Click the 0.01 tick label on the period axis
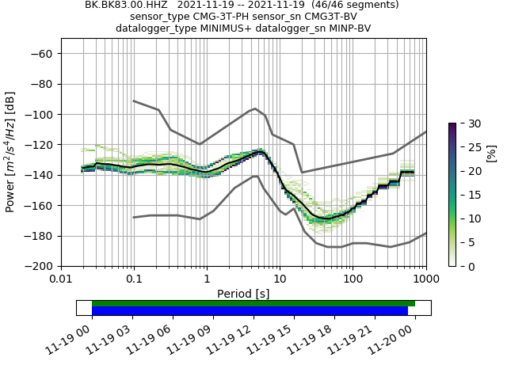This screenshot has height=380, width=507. coord(61,279)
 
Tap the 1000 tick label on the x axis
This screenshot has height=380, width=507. coord(425,279)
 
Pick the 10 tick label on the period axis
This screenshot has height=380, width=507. coord(280,279)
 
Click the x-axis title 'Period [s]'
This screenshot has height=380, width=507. coord(243,293)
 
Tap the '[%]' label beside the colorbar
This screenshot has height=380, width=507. coord(491,152)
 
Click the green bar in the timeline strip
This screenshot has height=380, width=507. coord(253,303)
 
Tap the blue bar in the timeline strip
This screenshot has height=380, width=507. coord(250,311)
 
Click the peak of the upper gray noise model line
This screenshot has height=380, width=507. coord(254,108)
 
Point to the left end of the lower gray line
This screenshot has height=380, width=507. coord(134,217)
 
